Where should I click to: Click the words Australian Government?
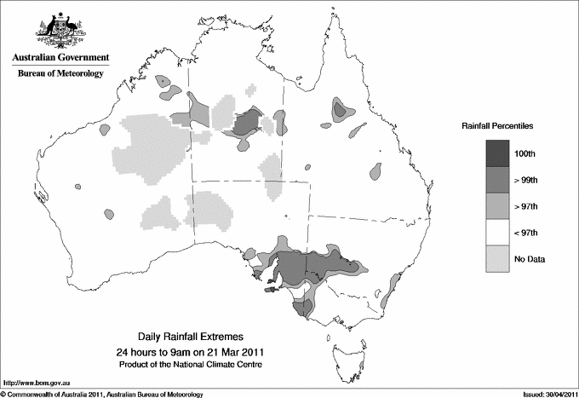[x=59, y=58]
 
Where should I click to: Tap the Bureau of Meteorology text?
[x=60, y=74]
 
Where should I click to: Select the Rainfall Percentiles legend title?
[x=498, y=126]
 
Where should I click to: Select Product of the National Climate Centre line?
[x=189, y=364]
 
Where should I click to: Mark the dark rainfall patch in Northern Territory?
[x=247, y=123]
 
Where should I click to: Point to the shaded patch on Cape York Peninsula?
[x=341, y=109]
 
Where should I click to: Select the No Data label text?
[x=530, y=258]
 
